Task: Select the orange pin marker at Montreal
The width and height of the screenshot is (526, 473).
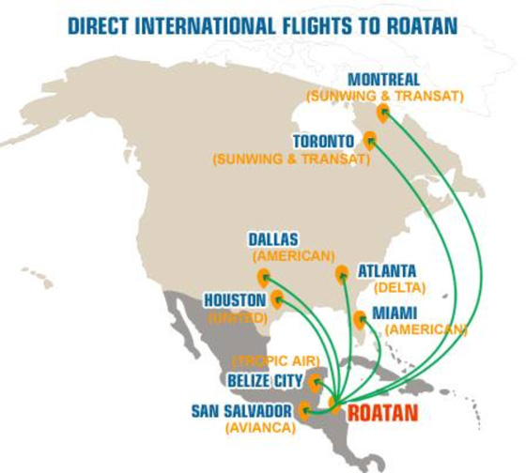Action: point(383,113)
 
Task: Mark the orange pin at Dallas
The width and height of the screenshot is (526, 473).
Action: point(263,277)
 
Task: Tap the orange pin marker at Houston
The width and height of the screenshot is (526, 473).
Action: point(277,299)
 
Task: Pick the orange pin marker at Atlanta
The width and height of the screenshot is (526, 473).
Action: point(342,273)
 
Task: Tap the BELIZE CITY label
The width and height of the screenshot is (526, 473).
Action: point(266,380)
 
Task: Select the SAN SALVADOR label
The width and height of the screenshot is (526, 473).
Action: point(241,411)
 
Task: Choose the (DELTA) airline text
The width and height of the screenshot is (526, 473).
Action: point(399,287)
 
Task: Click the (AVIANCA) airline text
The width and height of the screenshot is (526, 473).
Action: point(259,428)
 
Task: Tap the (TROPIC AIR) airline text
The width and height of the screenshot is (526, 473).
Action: point(276,360)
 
